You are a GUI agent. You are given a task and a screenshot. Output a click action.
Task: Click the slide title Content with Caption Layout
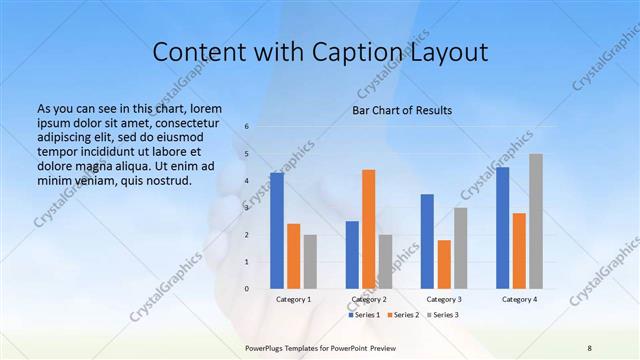pos(319,52)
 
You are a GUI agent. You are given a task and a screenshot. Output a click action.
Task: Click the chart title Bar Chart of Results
pos(401,110)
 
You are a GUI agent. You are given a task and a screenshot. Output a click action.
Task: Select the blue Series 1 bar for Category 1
pos(277,231)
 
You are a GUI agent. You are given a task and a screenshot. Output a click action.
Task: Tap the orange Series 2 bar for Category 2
pos(368,229)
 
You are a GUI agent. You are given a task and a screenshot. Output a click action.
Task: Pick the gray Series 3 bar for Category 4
pos(536,221)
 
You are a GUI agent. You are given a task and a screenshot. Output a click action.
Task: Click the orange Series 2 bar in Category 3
pos(444,264)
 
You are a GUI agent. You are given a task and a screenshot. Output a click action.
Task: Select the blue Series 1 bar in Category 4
pos(503,228)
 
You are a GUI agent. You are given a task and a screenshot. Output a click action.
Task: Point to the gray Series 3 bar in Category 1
pos(310,262)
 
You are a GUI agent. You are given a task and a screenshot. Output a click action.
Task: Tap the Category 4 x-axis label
pos(519,299)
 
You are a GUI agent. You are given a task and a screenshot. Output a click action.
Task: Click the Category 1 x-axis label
pos(293,299)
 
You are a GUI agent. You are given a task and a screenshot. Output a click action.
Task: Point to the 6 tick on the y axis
pos(247,127)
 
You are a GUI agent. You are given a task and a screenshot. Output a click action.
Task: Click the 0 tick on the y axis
pos(247,289)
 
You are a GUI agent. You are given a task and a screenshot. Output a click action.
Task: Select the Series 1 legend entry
pos(366,315)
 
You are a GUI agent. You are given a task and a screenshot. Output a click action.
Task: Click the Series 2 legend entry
pos(406,315)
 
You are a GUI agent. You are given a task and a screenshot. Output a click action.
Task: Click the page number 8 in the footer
pos(590,346)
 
